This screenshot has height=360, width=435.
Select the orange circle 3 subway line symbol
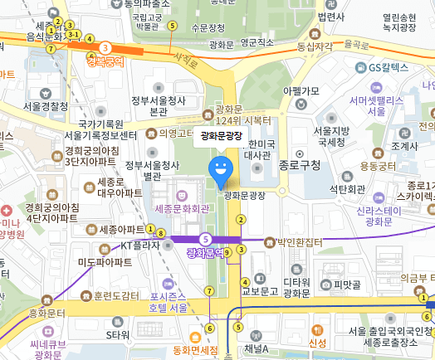[x=105, y=47]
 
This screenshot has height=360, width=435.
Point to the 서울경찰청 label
[x=46, y=106]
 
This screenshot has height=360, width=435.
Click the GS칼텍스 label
[x=389, y=66]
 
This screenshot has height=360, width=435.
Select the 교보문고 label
[x=259, y=291]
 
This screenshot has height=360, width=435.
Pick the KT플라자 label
[x=139, y=246]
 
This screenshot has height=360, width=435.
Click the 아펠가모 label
[x=301, y=90]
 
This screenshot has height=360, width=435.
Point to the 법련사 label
[x=330, y=16]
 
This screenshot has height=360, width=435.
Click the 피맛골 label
[x=348, y=285]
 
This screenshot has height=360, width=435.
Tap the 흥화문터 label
[x=46, y=313]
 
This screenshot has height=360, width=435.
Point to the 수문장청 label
[x=208, y=27]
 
